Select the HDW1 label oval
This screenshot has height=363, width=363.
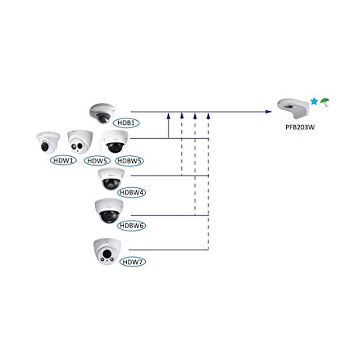(64, 160)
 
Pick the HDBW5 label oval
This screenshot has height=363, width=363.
(129, 160)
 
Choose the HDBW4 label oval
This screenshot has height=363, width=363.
(131, 192)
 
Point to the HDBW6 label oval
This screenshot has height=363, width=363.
(131, 225)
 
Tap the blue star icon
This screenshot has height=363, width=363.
(314, 102)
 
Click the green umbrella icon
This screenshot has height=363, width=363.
(325, 102)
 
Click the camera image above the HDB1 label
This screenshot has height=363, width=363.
(102, 113)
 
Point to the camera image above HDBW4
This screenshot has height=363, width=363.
(111, 179)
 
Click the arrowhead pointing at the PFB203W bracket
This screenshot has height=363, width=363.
(269, 112)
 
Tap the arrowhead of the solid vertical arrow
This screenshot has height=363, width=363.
(168, 116)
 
